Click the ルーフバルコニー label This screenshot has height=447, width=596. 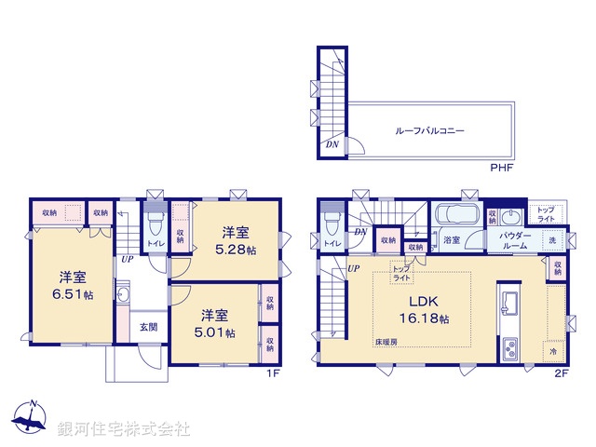coord(430,132)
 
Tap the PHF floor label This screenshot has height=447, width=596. coord(502,168)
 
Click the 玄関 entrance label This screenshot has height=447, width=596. coord(149,327)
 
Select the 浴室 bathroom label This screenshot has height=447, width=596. coord(453,240)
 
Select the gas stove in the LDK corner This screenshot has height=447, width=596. coord(511,351)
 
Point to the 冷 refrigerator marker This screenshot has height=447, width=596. coord(553,353)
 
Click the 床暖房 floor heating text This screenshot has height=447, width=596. coord(387,343)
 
